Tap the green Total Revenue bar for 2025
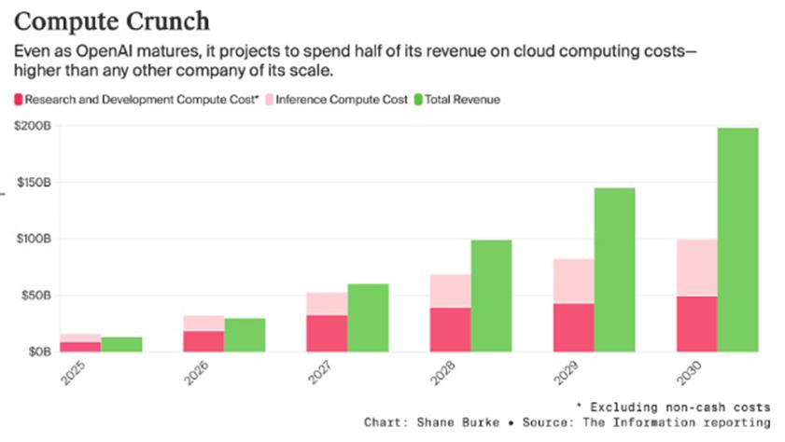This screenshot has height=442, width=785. coord(121,344)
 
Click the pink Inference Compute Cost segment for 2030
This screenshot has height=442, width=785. coord(696,268)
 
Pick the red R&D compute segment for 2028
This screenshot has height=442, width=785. coord(450,329)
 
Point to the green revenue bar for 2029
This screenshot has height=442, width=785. coord(614,269)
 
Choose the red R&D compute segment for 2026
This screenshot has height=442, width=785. coord(203,341)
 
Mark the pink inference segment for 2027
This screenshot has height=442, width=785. coord(327,303)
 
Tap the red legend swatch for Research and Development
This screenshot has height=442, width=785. coord(19,100)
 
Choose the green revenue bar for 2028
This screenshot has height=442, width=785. coord(491,296)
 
